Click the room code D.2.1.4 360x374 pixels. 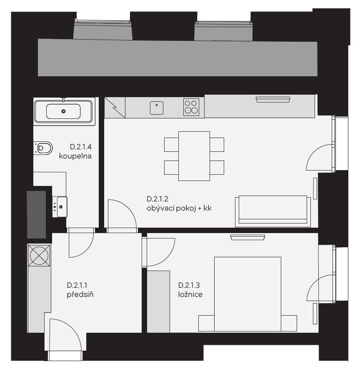pos(80,147)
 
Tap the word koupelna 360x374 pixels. pos(75,156)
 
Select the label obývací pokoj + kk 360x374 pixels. pos(179,208)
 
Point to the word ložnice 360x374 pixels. pos(190,294)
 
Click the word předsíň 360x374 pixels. pos(80,294)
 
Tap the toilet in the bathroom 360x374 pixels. pos(43,148)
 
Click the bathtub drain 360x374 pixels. pos(63,111)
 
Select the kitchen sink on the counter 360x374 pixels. pos(157,108)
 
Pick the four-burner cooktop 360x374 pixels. pos(191,107)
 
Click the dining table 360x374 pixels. pos(194,156)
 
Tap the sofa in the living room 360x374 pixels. pos(273,211)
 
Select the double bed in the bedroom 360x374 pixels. pos(248,294)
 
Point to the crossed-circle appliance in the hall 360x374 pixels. pos(39,256)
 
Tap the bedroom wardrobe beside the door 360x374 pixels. pos(158,301)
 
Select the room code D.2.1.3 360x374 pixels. pos(189,285)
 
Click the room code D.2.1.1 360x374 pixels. pos(77,285)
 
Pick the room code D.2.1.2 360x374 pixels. pos(157,199)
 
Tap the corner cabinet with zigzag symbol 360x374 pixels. pos(115,108)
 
